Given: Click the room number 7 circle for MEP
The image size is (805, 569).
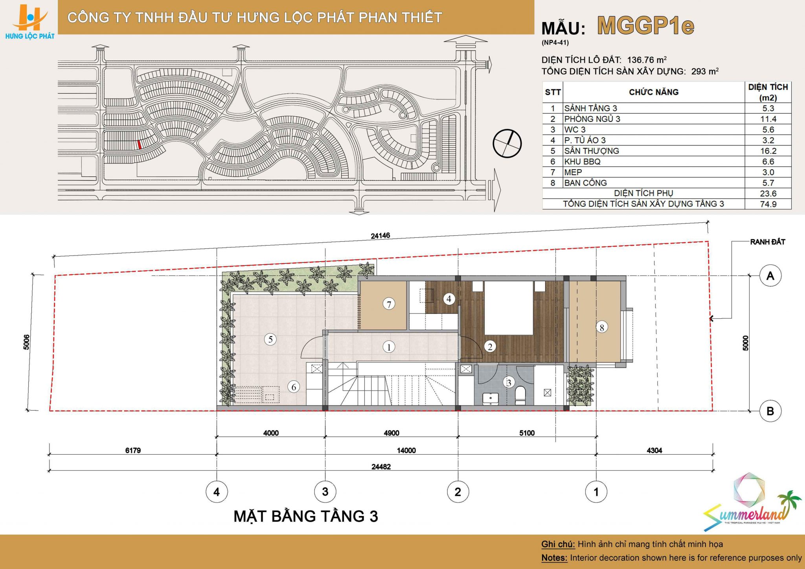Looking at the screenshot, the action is click(x=389, y=304).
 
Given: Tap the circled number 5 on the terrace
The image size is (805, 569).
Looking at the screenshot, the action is click(x=270, y=339).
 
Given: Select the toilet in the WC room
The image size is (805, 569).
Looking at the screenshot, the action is click(x=520, y=395).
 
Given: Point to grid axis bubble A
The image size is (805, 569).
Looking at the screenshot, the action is click(x=770, y=276).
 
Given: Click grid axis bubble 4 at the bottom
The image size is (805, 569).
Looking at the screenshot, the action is click(x=217, y=492).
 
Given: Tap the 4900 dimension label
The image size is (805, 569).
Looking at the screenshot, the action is click(x=391, y=433).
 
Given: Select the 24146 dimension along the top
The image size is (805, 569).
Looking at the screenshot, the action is click(x=380, y=236).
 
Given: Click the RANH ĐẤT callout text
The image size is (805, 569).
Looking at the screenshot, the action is click(x=767, y=242).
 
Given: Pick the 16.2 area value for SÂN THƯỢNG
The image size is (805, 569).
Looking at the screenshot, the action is click(x=768, y=151).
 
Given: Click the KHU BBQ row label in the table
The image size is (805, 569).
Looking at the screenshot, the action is click(x=582, y=162).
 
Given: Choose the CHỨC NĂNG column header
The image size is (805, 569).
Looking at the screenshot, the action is click(x=654, y=92).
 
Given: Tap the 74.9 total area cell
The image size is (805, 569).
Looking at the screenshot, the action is click(x=768, y=204).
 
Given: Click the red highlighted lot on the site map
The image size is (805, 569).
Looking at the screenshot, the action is click(x=140, y=145).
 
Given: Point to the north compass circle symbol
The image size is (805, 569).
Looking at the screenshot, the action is click(x=507, y=143).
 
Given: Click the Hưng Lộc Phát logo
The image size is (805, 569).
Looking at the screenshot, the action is click(x=30, y=21).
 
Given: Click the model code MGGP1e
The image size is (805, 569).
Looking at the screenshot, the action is click(x=646, y=26).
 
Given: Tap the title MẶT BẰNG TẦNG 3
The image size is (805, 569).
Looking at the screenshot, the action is click(x=306, y=516).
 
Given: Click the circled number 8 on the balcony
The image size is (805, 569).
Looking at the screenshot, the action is click(x=602, y=327).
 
